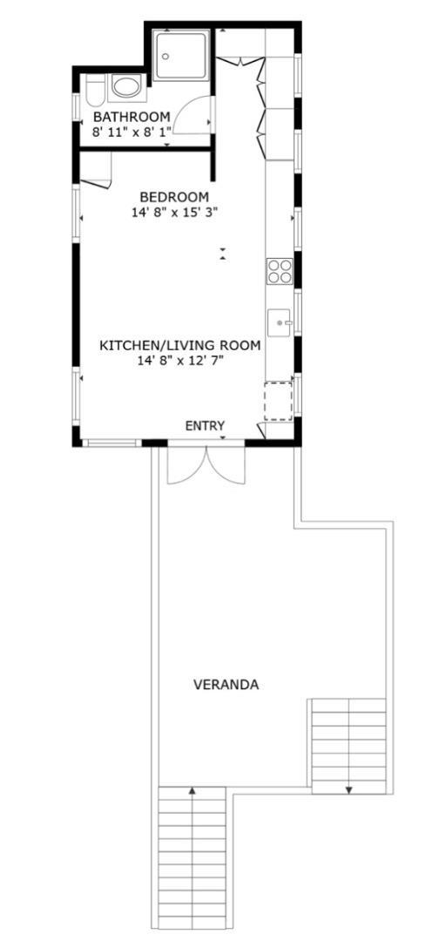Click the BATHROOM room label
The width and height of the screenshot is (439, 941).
(x=132, y=117)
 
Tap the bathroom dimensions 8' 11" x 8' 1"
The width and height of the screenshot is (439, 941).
(x=132, y=132)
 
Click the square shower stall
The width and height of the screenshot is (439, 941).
(x=182, y=55)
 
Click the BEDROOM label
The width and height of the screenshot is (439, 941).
(x=174, y=196)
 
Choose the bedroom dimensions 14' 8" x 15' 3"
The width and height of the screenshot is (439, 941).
(x=174, y=211)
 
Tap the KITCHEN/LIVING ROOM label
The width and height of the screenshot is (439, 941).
(x=179, y=345)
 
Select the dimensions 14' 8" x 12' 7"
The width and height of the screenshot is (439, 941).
(x=179, y=360)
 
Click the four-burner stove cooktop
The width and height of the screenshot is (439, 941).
(x=279, y=272)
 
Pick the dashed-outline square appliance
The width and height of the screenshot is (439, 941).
(x=278, y=401)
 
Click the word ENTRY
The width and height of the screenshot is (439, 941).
(x=206, y=425)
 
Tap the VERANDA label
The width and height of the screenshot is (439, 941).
(x=226, y=685)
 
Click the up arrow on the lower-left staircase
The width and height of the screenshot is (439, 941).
(x=192, y=791)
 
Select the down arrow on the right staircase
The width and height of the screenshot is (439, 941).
(x=348, y=789)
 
